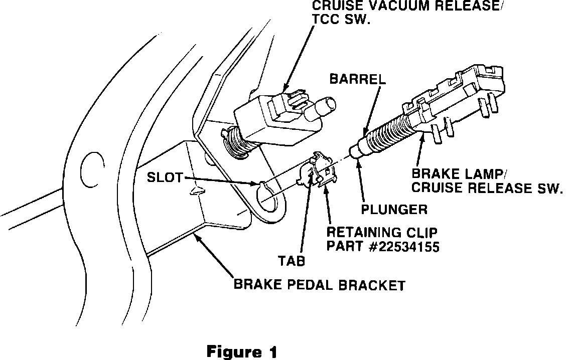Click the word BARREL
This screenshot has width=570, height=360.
[x=357, y=79]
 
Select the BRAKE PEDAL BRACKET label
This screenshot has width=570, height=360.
[x=319, y=286]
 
